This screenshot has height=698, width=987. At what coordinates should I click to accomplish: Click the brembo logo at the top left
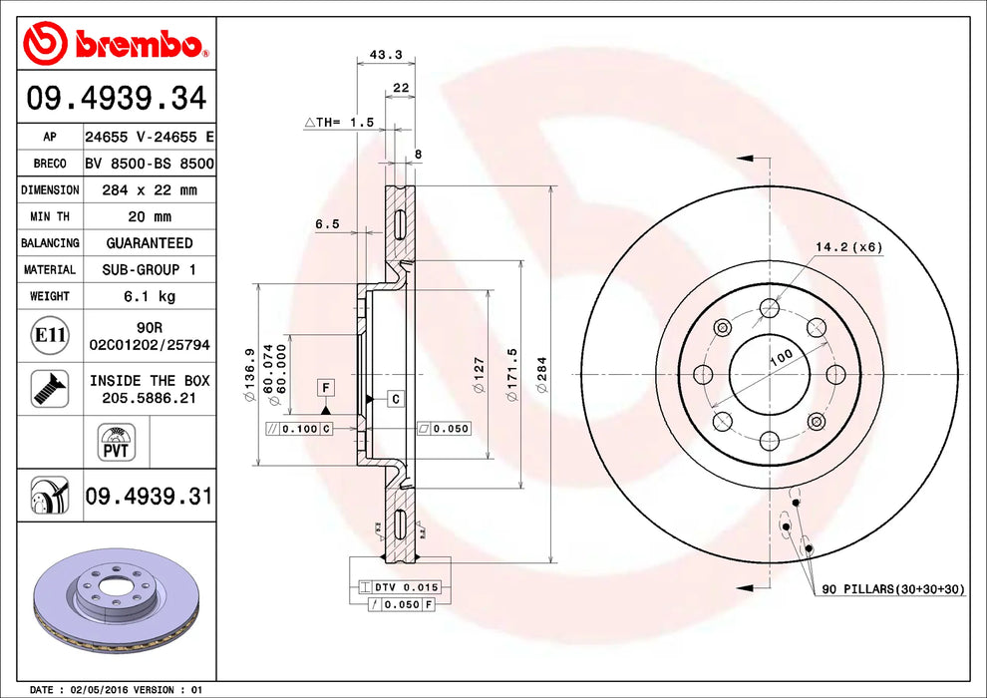pyautogui.click(x=116, y=44)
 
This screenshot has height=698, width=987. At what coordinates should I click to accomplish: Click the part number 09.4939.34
pyautogui.click(x=117, y=99)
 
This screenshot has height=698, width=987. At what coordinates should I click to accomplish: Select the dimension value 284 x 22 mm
pyautogui.click(x=150, y=189)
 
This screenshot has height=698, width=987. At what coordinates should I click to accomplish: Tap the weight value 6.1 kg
pyautogui.click(x=150, y=296)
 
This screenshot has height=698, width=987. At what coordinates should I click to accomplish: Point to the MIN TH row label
pyautogui.click(x=50, y=216)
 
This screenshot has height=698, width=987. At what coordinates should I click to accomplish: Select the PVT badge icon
pyautogui.click(x=117, y=440)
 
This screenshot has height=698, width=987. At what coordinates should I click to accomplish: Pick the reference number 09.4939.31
pyautogui.click(x=149, y=495)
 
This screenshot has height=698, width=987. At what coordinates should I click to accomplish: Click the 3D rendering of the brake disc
pyautogui.click(x=117, y=596)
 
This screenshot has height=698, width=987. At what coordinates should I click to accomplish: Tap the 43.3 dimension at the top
pyautogui.click(x=378, y=54)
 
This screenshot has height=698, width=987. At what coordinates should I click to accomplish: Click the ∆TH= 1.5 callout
pyautogui.click(x=339, y=122)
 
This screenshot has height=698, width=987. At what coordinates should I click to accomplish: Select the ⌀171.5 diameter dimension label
pyautogui.click(x=512, y=374)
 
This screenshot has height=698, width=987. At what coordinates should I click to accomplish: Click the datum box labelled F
pyautogui.click(x=325, y=386)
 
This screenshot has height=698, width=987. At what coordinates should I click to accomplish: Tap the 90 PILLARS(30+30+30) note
pyautogui.click(x=893, y=590)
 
